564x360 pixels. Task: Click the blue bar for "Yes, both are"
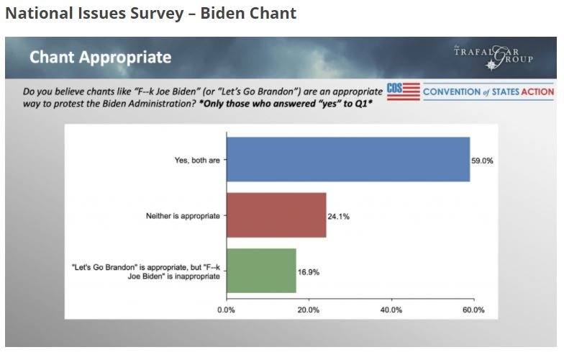348,159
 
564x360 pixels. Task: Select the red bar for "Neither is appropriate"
276,215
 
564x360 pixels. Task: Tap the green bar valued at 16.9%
261,271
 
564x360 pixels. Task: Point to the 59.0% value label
483,161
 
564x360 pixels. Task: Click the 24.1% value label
339,216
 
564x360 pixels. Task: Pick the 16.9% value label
309,271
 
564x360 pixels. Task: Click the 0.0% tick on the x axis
226,310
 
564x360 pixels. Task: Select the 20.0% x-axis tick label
309,310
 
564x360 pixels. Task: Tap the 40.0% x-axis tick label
391,310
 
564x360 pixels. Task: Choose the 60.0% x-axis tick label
473,310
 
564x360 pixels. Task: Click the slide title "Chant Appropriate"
100,56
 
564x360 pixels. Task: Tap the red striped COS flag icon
403,91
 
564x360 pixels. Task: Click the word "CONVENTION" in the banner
451,91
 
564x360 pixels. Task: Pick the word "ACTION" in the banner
537,91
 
